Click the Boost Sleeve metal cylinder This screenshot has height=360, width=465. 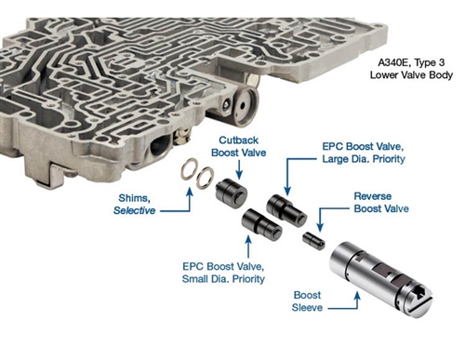(x=380, y=278)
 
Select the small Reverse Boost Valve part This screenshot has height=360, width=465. (x=313, y=240)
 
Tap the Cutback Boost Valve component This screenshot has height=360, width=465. (x=232, y=191)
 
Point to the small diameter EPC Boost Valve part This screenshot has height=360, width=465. (x=262, y=224)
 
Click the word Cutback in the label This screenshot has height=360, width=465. (x=238, y=140)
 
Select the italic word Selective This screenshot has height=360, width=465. (x=134, y=210)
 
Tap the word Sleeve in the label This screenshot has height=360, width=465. (x=307, y=308)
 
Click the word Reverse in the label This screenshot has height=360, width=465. (x=373, y=196)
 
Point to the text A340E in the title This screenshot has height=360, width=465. (x=392, y=62)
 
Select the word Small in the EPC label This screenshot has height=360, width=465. (x=195, y=279)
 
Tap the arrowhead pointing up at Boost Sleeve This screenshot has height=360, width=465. (x=357, y=296)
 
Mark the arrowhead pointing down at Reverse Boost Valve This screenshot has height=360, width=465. (x=320, y=228)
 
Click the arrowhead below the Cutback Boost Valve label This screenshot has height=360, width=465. (x=239, y=175)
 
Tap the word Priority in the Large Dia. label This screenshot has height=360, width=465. (x=389, y=159)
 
